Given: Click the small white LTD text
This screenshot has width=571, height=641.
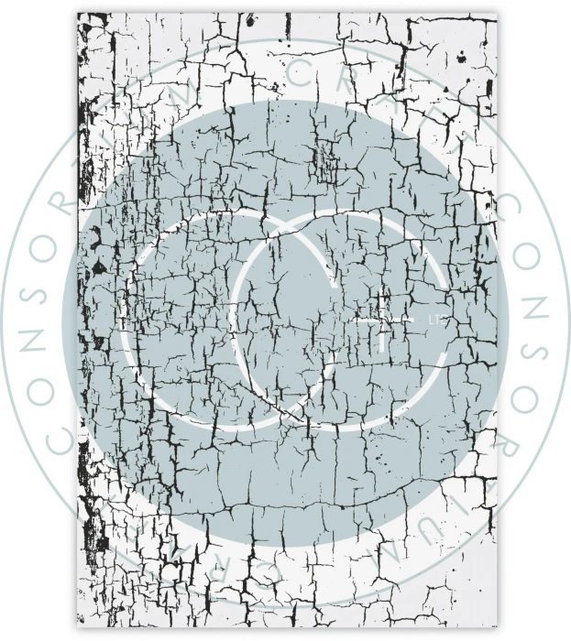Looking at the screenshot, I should click(435, 320).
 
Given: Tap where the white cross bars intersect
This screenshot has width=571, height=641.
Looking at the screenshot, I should click(383, 320).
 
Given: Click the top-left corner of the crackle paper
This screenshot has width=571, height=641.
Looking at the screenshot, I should click(78, 14).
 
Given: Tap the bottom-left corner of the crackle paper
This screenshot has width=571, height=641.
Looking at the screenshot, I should click(78, 628).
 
